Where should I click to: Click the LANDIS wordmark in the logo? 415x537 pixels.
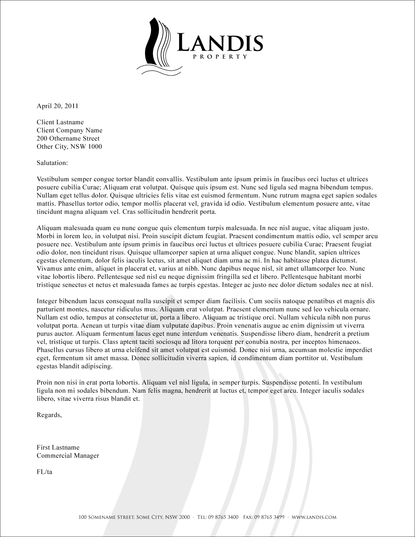coord(220,43)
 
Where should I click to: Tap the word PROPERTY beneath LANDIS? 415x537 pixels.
coord(220,57)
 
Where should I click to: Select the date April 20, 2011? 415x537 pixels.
coord(57,106)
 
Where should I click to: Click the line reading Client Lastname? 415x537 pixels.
coord(60,122)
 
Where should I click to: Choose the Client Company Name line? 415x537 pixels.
coord(70,131)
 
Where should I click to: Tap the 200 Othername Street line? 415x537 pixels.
coord(68,139)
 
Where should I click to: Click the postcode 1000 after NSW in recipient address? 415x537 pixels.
coord(95,147)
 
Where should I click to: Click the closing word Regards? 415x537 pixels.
coord(49,415)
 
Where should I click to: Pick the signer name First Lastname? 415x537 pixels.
coord(58,448)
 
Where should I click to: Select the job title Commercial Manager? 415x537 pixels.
coord(68,456)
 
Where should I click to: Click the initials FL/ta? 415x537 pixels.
coord(44,472)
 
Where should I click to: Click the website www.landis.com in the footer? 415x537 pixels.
coord(314,517)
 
